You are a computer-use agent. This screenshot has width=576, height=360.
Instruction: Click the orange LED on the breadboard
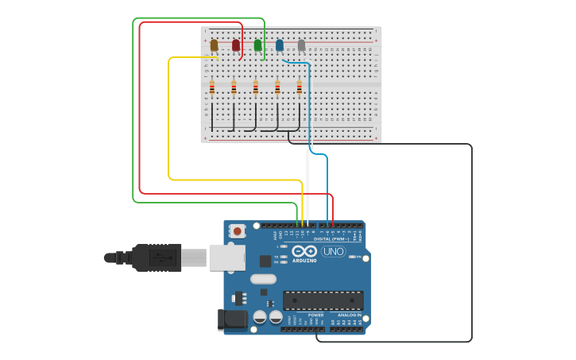[214, 45]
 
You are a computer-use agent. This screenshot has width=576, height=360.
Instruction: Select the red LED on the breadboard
[236, 45]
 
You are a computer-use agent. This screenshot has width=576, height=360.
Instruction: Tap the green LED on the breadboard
[257, 45]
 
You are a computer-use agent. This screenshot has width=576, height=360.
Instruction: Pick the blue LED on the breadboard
[280, 45]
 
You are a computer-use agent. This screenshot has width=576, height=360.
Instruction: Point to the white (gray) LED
[301, 45]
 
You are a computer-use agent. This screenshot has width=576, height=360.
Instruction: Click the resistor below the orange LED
[212, 87]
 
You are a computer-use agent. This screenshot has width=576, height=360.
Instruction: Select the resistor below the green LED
[256, 87]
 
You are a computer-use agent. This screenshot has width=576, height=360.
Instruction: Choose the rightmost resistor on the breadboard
[300, 87]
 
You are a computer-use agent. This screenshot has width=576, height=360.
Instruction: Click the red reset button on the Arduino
[237, 231]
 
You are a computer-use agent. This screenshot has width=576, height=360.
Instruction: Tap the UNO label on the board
[333, 251]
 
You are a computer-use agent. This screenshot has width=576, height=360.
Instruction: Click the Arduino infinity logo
[304, 251]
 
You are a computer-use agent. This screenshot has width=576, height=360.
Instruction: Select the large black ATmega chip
[323, 300]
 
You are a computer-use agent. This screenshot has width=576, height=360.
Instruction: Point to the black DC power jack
[230, 319]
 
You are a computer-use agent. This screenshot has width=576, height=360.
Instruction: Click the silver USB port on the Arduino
[227, 257]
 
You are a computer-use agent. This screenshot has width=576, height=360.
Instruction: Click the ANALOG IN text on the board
[348, 315]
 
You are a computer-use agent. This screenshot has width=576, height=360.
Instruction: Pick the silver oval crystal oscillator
[263, 279]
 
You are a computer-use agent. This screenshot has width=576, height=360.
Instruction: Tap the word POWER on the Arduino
[315, 315]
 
